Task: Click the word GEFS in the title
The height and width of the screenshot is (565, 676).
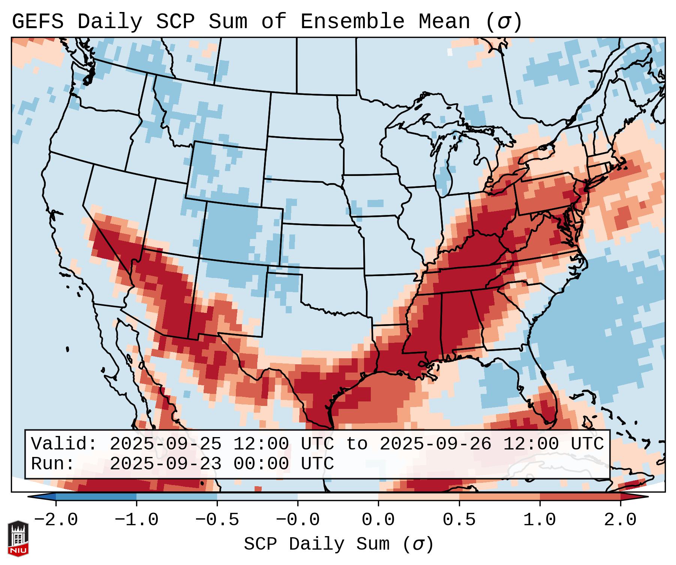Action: pyautogui.click(x=37, y=22)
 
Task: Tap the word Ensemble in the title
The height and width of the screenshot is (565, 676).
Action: pyautogui.click(x=352, y=22)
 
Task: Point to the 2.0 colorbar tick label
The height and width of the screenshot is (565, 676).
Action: pyautogui.click(x=620, y=520)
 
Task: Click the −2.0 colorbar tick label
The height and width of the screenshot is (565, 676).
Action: pyautogui.click(x=56, y=520)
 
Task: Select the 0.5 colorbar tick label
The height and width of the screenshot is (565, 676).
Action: pyautogui.click(x=459, y=520)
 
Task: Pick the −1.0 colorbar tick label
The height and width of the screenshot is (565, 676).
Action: pyautogui.click(x=136, y=520)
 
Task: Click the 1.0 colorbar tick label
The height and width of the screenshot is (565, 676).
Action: pyautogui.click(x=540, y=520)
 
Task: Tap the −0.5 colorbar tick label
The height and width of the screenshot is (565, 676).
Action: pyautogui.click(x=217, y=520)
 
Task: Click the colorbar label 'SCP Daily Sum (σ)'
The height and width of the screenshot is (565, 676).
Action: pyautogui.click(x=339, y=544)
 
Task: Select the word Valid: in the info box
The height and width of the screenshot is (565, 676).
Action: pyautogui.click(x=64, y=444)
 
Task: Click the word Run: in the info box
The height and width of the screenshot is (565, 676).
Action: pyautogui.click(x=53, y=464)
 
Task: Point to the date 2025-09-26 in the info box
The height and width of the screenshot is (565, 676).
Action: pyautogui.click(x=435, y=444)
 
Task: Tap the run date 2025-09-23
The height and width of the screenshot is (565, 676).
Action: pyautogui.click(x=165, y=464)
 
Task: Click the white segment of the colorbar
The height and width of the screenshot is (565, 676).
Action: pyautogui.click(x=338, y=497)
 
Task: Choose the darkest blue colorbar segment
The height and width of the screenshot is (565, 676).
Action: pyautogui.click(x=96, y=497)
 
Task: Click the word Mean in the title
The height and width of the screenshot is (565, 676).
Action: pyautogui.click(x=444, y=22)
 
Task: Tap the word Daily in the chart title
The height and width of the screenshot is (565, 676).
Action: pyautogui.click(x=109, y=22)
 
